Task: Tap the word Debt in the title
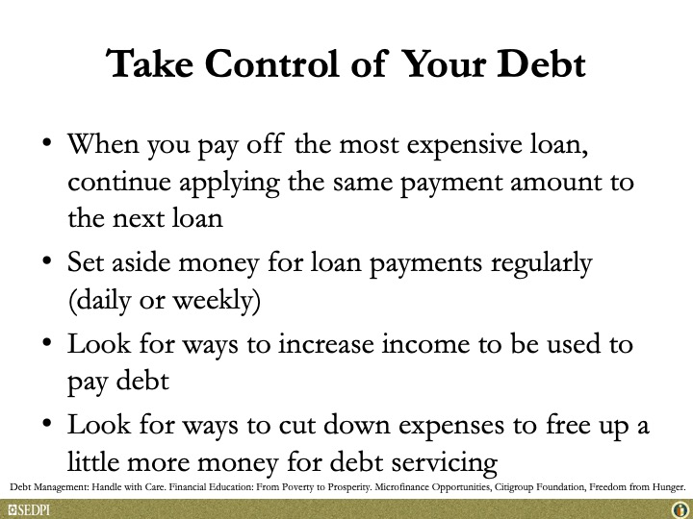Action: click(x=541, y=64)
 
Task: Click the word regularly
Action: click(x=541, y=264)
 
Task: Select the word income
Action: click(x=425, y=344)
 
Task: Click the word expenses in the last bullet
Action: click(x=451, y=427)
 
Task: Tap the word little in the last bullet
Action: click(x=93, y=461)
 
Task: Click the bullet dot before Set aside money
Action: click(x=47, y=259)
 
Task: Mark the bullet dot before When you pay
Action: click(x=47, y=142)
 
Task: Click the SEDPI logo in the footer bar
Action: click(x=29, y=510)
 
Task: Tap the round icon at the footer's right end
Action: click(x=680, y=510)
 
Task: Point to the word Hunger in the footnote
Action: click(x=670, y=487)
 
